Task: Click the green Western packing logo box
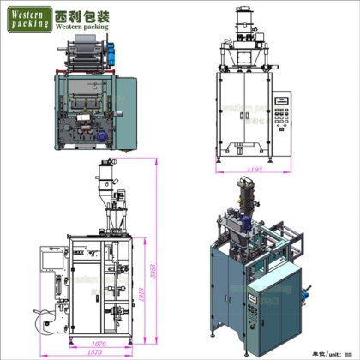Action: coord(27,21)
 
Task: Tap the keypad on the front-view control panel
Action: coord(280,119)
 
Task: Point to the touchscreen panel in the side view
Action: coord(51,255)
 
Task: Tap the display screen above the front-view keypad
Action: coord(280,101)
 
